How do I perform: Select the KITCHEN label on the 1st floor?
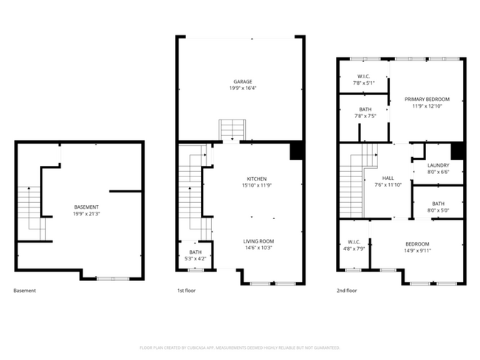tap(256, 179)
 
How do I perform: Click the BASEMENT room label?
tap(86, 207)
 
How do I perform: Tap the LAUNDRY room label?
tap(438, 165)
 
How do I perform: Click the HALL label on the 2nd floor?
tap(388, 178)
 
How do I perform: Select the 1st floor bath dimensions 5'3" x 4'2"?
tap(196, 258)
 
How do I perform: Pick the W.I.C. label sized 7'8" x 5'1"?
tap(363, 76)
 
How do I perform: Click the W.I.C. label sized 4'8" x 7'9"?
tap(353, 243)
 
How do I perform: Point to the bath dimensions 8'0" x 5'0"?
tap(438, 210)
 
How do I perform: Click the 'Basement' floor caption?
tap(24, 291)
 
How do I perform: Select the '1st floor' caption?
tap(186, 291)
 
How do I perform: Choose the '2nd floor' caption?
tap(347, 291)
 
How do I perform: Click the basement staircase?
tap(30, 214)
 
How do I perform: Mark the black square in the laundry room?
tap(456, 150)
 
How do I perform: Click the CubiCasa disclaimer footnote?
tap(239, 347)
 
